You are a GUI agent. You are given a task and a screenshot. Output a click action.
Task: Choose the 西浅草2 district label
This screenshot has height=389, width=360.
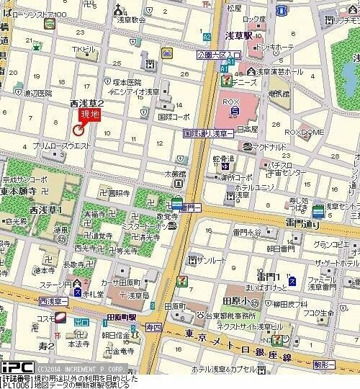86,104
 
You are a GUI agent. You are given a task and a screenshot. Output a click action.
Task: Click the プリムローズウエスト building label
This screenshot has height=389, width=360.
61,146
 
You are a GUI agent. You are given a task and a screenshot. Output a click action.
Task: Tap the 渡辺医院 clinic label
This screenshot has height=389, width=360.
37,93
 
